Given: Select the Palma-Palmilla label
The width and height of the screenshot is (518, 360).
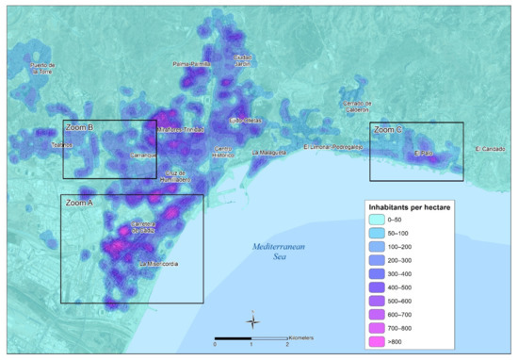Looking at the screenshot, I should pyautogui.click(x=191, y=64).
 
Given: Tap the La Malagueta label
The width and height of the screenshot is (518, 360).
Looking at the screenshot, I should pyautogui.click(x=268, y=151).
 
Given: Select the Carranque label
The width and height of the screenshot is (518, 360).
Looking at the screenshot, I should pyautogui.click(x=141, y=153).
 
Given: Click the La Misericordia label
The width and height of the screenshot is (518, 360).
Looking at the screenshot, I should pyautogui.click(x=156, y=264).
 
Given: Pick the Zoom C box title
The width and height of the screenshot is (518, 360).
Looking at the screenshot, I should pyautogui.click(x=388, y=129).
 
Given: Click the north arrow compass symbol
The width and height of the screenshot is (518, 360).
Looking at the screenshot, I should pyautogui.click(x=251, y=322).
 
